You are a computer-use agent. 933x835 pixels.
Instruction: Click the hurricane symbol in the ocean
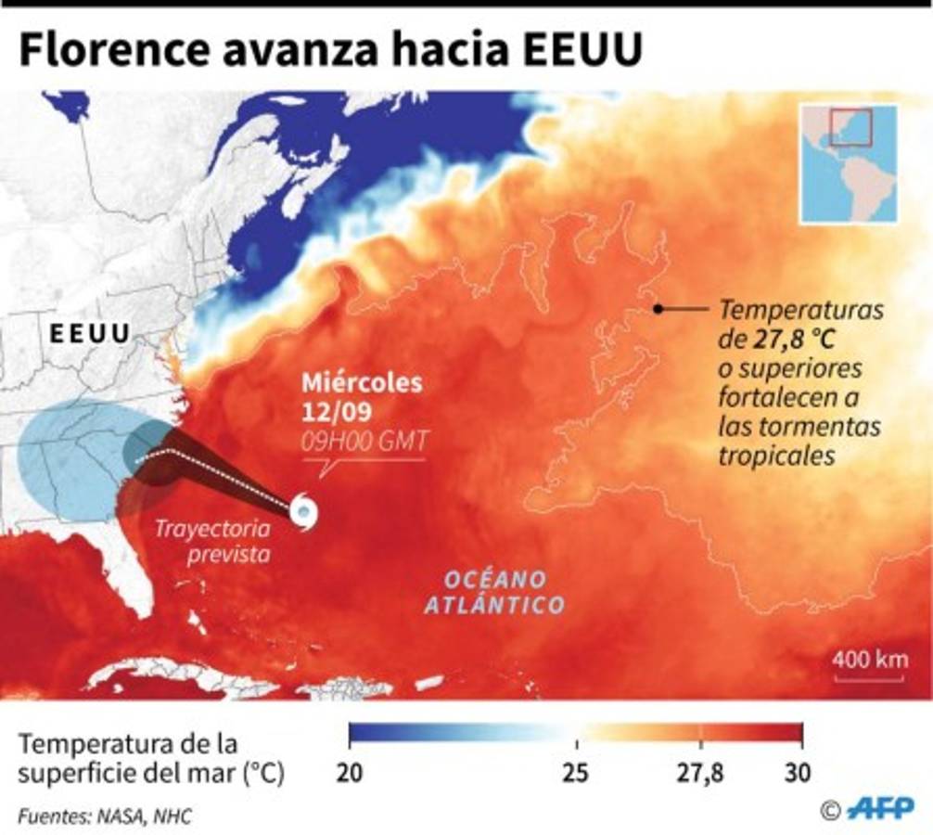[303, 511]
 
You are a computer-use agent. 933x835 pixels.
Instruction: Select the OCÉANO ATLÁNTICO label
[494, 592]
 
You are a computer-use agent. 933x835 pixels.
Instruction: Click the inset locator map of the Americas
[849, 164]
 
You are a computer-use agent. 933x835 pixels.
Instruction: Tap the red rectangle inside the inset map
[850, 127]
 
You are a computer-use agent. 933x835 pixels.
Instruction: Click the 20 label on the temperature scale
[349, 773]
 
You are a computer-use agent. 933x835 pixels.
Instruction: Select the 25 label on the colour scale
[576, 773]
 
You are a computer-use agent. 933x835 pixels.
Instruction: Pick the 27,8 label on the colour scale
[700, 773]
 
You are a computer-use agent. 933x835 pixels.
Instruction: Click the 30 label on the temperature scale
[799, 773]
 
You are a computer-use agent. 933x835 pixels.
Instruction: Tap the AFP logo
[881, 807]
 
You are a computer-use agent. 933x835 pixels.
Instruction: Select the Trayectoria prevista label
[214, 542]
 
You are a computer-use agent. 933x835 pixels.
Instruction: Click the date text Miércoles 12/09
[362, 394]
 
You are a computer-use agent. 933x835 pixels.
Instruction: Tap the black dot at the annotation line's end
[657, 309]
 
